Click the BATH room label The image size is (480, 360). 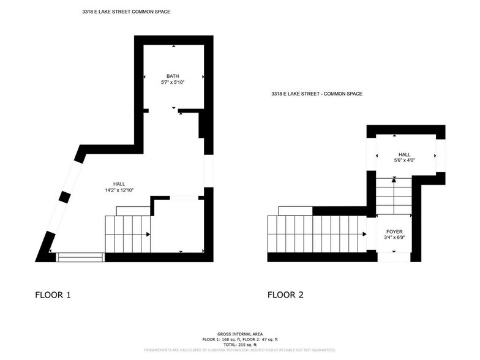pos(173,76)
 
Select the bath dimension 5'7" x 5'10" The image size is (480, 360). pos(173,81)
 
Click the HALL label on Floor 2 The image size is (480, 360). pos(404,154)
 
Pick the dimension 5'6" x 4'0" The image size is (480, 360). pos(404,160)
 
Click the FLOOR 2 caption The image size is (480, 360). pos(285,295)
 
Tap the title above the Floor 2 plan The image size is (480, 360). pos(317,94)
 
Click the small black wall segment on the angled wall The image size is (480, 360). pos(63,197)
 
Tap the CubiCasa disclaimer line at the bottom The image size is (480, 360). pos(239,350)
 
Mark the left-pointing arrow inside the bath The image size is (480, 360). pos(144,77)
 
